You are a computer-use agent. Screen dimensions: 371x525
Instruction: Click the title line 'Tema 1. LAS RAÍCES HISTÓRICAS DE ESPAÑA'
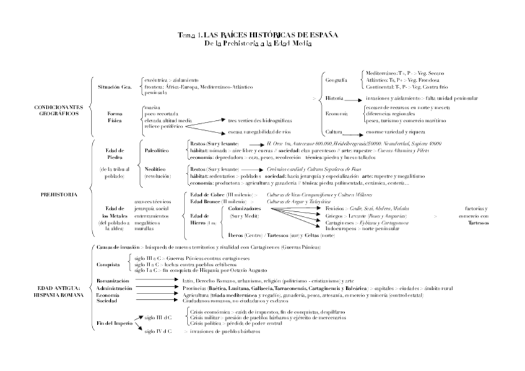258,35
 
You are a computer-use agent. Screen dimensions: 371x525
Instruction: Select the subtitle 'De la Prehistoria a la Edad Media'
258,42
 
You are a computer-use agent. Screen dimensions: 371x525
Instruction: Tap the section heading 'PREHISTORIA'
59,194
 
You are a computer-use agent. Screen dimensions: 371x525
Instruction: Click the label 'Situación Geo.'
115,87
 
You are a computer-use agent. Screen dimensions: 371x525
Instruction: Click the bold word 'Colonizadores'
244,210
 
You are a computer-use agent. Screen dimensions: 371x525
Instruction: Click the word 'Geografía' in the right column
336,81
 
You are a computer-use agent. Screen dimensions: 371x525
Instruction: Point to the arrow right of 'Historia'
353,99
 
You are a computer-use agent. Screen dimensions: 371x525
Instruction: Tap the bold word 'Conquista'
108,264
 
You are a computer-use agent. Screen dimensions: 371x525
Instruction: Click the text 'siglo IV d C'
158,331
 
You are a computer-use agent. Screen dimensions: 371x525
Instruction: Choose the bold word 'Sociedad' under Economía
107,301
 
